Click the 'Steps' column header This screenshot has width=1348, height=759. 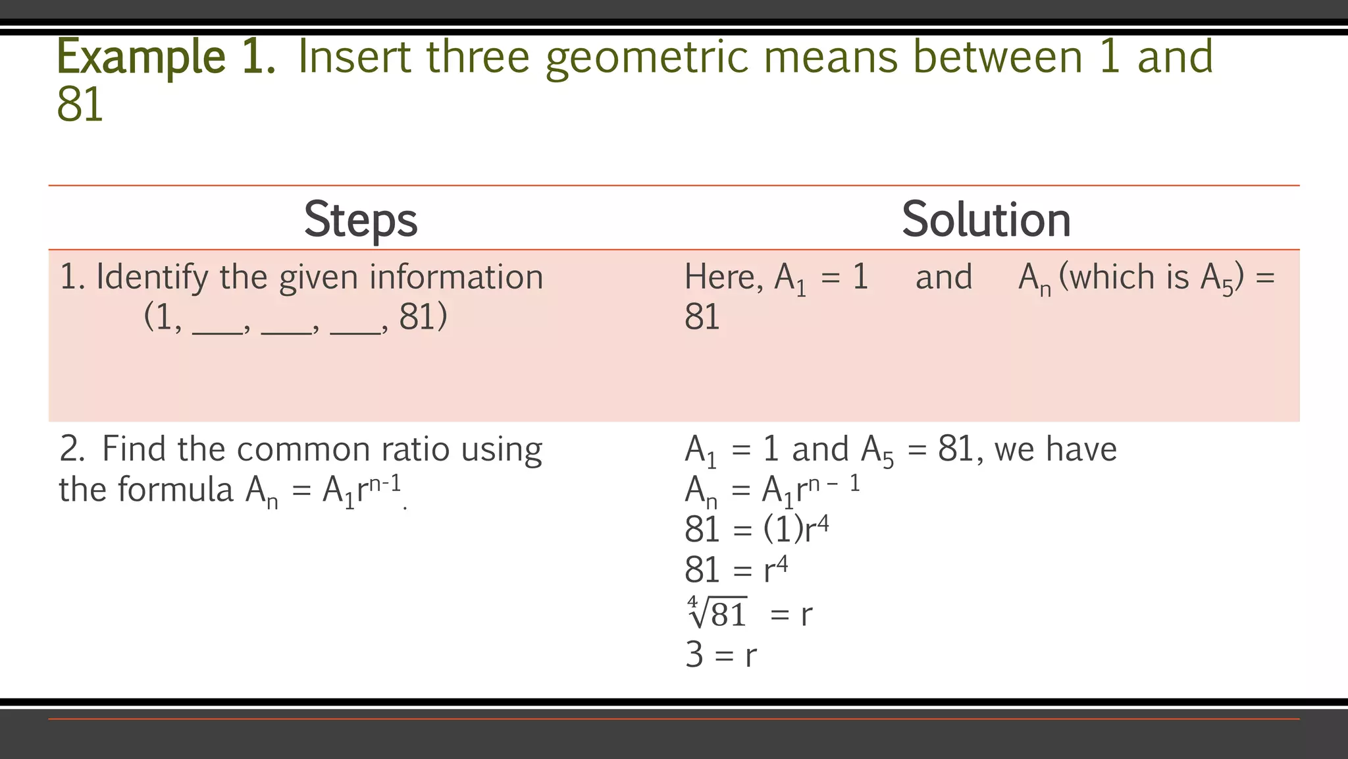(361, 219)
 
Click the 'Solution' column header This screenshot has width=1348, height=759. (985, 219)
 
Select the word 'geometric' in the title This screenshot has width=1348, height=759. (646, 58)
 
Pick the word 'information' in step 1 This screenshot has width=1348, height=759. (455, 277)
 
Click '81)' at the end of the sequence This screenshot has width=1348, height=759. (423, 317)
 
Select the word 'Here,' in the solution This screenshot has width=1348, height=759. (723, 277)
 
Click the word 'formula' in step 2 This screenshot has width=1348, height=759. (176, 490)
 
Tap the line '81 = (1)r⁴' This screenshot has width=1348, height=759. (756, 530)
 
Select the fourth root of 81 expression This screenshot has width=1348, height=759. (717, 613)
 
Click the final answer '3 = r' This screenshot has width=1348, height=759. (721, 655)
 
